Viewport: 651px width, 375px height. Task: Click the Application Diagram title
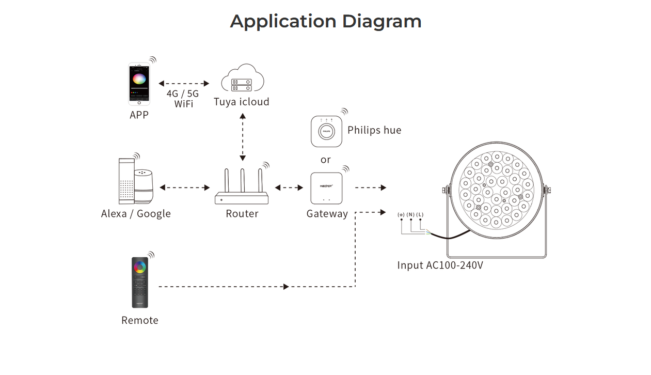point(325,22)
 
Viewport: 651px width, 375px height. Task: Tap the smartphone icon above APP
point(139,84)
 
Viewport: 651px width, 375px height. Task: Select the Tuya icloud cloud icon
point(242,77)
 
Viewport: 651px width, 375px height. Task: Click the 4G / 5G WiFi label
point(183,99)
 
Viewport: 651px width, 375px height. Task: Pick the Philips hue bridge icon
point(326,131)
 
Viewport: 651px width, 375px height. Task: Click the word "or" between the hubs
point(325,160)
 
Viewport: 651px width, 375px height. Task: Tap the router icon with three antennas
point(242,186)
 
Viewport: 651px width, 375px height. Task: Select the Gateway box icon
point(326,189)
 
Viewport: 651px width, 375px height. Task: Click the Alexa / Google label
point(136,214)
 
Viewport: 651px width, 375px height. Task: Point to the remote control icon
point(140,282)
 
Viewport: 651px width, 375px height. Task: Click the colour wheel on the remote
point(140,267)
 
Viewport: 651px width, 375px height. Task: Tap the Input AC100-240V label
point(440,265)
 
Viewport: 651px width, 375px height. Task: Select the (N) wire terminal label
point(410,214)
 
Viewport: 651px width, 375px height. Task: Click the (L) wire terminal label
point(420,214)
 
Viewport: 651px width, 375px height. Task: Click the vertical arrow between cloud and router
point(243,137)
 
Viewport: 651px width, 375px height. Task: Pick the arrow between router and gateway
point(289,187)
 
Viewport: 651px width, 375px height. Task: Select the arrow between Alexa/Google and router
point(184,187)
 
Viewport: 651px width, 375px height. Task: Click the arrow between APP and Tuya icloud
point(184,84)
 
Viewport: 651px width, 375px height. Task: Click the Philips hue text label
point(374,130)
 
